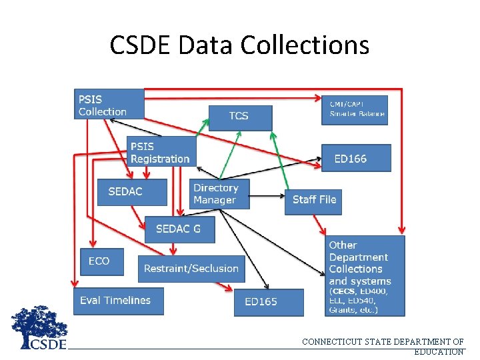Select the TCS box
pos(241,117)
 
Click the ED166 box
pos(356,159)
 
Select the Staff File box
pos(313,199)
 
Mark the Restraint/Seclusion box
pos(191,269)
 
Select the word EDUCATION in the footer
pos(439,351)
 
